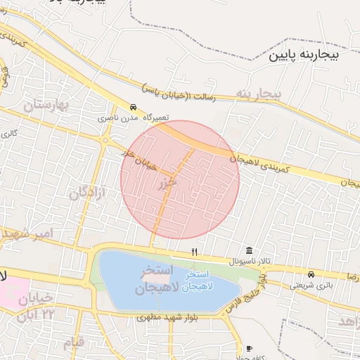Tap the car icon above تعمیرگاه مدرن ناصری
click(134, 107)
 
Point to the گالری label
click(8, 132)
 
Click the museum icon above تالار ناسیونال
click(250, 251)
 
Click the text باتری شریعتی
click(311, 285)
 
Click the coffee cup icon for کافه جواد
click(249, 349)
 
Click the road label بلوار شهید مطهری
click(168, 319)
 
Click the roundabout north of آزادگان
click(105, 141)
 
